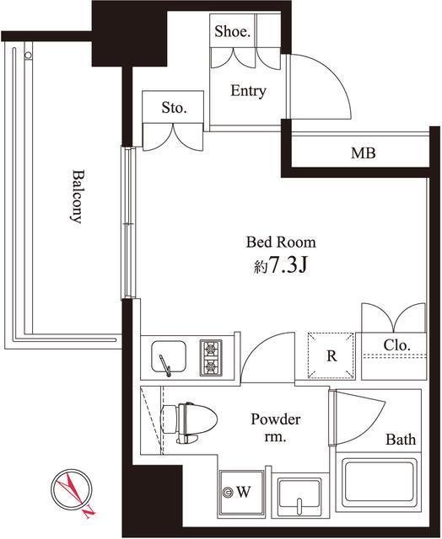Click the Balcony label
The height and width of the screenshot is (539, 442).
[77, 196]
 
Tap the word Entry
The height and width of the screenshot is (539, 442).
[248, 91]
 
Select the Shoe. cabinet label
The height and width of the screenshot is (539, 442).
[232, 32]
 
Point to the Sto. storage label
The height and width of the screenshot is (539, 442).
[174, 108]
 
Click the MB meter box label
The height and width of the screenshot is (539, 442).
[364, 153]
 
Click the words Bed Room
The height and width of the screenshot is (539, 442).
[281, 243]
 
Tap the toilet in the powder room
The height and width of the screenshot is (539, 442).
[189, 423]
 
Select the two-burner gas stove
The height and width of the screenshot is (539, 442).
[212, 357]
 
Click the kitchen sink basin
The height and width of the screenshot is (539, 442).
[169, 356]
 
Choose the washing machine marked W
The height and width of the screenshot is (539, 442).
[241, 493]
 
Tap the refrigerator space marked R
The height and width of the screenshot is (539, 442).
[331, 355]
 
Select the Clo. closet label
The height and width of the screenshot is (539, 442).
[397, 345]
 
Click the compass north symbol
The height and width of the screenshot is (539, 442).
[73, 490]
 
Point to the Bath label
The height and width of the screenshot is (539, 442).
[401, 440]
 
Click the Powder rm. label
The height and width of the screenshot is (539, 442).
[275, 428]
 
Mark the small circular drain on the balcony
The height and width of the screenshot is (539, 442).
[28, 55]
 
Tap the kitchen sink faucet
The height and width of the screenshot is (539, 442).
[164, 366]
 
